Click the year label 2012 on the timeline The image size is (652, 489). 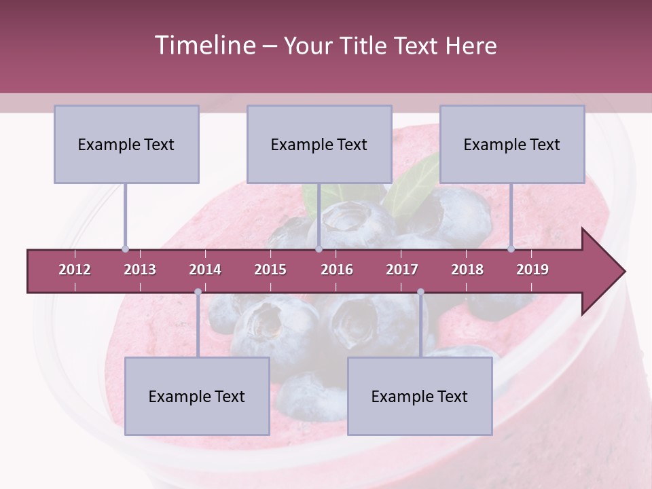[x=75, y=270]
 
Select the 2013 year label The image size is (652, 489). [x=140, y=270]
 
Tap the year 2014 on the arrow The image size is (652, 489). [x=205, y=270]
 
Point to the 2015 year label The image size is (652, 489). [x=270, y=270]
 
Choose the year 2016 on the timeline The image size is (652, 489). [x=337, y=270]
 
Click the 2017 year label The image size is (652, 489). [x=402, y=270]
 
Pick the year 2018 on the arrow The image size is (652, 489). [x=467, y=270]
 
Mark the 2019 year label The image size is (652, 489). [x=532, y=270]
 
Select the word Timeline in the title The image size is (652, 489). [x=204, y=46]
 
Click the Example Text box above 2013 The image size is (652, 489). [x=126, y=144]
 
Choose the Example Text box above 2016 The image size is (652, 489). [x=319, y=144]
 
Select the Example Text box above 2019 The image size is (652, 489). [x=512, y=144]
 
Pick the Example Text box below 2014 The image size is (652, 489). [x=197, y=396]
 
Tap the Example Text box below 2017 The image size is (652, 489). [x=420, y=396]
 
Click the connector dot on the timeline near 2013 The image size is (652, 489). [x=125, y=249]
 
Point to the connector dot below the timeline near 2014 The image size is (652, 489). [x=198, y=292]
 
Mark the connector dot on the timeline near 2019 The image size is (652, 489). [x=511, y=249]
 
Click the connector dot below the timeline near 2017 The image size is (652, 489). [x=420, y=292]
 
